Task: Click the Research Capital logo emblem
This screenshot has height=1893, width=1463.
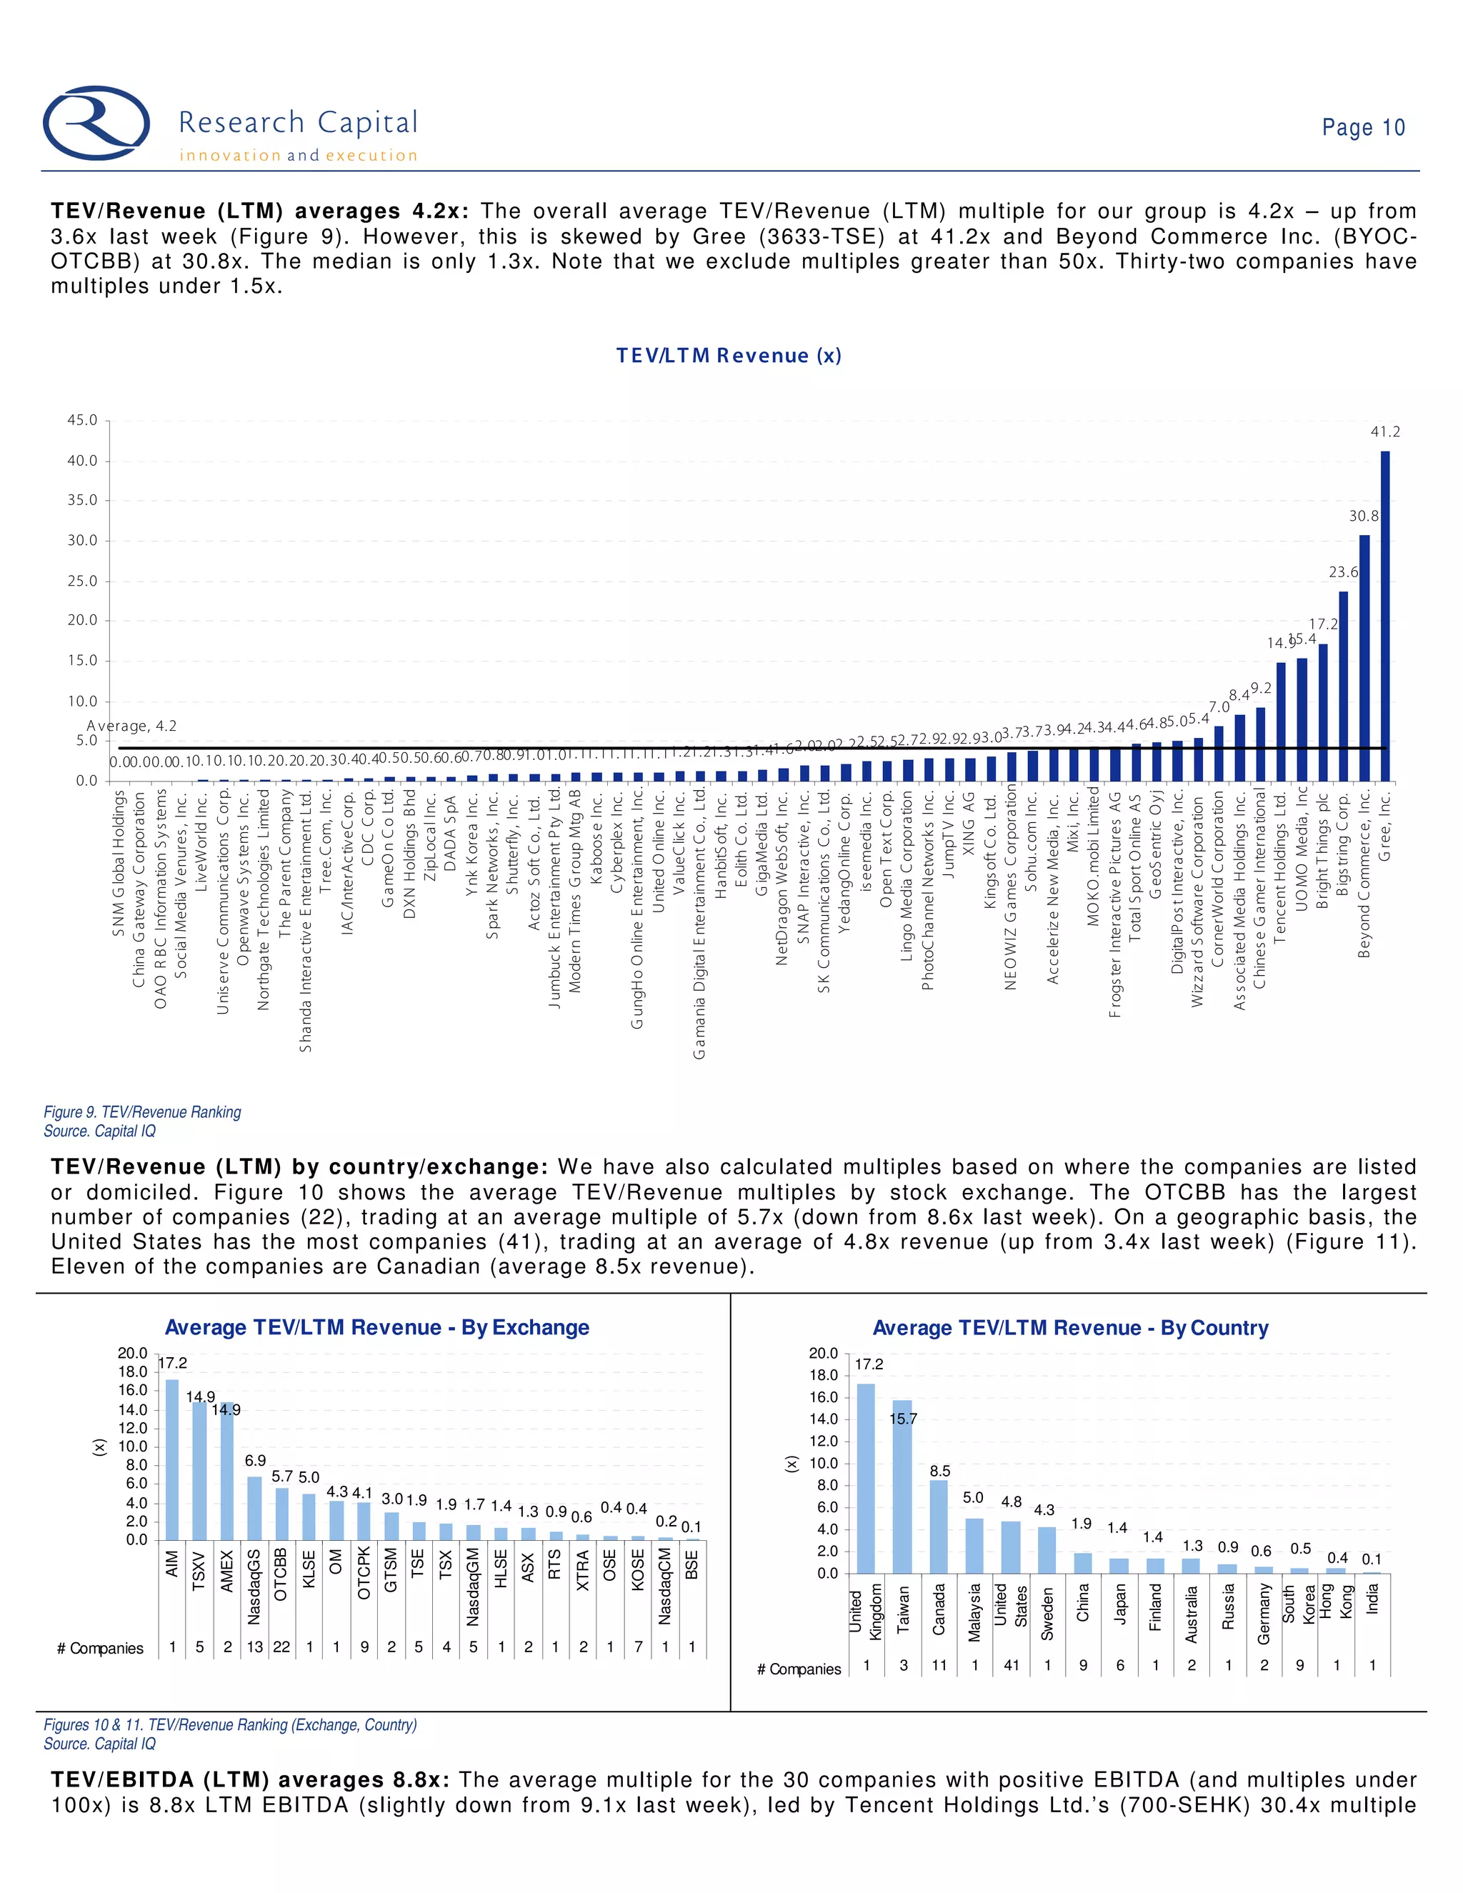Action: (x=96, y=123)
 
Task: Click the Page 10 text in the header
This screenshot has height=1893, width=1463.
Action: (x=1362, y=127)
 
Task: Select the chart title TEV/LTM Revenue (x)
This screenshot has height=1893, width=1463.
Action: (x=728, y=355)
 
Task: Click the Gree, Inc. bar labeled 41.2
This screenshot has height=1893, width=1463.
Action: (x=1385, y=615)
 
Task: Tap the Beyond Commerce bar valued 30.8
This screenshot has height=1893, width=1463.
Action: (x=1364, y=659)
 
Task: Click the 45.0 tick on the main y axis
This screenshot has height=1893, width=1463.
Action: (x=82, y=420)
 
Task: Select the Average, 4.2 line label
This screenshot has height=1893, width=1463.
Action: (x=131, y=726)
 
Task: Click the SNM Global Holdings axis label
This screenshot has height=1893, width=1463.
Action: (x=119, y=864)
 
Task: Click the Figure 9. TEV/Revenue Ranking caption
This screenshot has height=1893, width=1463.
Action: (x=142, y=1112)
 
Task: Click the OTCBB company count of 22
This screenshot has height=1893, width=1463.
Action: (x=281, y=1647)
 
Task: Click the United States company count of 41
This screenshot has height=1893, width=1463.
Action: (x=1011, y=1665)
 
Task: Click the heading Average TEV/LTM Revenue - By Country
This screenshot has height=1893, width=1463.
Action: (x=1069, y=1328)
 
